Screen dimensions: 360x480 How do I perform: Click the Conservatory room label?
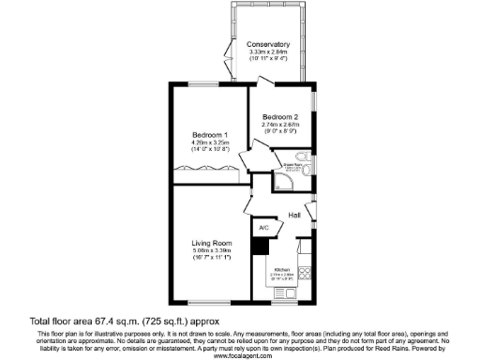268,44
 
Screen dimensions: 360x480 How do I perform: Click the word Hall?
293,217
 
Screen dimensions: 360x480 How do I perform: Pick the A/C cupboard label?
263,228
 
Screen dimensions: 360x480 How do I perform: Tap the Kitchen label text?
283,269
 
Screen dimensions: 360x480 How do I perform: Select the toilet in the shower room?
310,168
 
